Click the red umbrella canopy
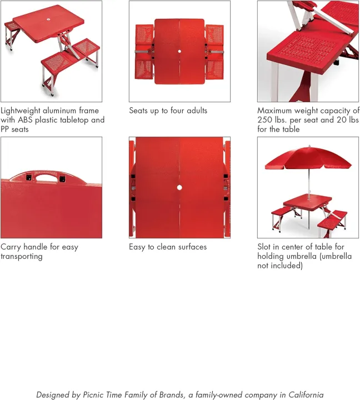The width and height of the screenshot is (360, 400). click(x=308, y=158)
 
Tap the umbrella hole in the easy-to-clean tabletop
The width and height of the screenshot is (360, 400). click(x=179, y=187)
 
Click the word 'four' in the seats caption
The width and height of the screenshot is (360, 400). click(x=176, y=111)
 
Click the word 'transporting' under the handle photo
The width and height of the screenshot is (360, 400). click(x=22, y=256)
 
